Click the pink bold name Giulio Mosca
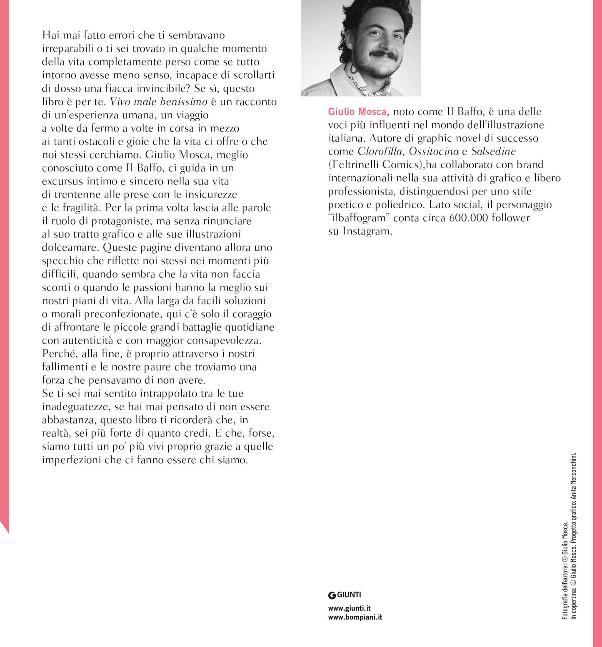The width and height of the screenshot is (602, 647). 357,112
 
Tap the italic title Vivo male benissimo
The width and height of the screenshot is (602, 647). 158,102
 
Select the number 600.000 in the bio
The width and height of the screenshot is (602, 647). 468,218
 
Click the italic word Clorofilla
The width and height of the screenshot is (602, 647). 380,151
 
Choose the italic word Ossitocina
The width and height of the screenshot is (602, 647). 434,151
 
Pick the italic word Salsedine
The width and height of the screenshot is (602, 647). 493,151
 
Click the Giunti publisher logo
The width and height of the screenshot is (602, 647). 345,595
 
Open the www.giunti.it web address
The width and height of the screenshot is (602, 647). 349,608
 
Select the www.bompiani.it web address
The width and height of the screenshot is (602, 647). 355,617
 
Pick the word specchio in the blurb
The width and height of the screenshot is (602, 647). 62,261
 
